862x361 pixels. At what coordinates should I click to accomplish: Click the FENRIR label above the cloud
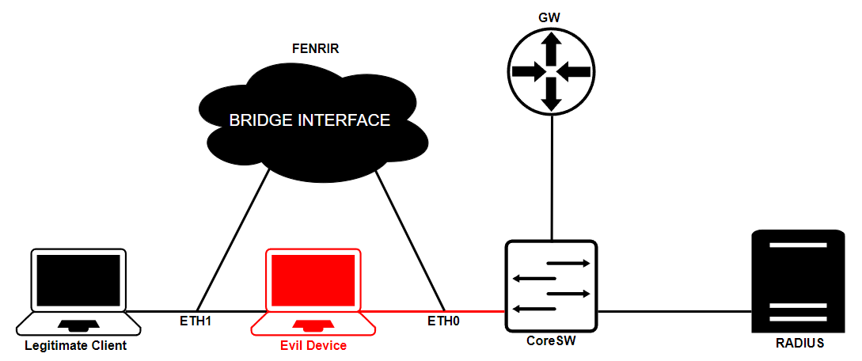coord(316,47)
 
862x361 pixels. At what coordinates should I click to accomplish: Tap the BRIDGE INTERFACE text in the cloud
coord(309,120)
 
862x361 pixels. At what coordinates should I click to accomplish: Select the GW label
coord(551,17)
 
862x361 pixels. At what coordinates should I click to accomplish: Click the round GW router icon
coord(551,71)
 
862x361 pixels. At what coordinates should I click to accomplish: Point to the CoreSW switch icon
coord(551,286)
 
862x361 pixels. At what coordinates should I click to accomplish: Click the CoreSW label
coord(551,342)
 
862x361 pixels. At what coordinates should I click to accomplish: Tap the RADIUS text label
coord(799,344)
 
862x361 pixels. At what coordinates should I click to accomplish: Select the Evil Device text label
coord(313,346)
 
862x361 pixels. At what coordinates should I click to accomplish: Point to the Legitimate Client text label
coord(76,346)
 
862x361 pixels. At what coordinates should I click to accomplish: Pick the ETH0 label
coord(444,321)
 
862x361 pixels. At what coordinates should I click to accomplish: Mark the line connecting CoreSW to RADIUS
coord(673,311)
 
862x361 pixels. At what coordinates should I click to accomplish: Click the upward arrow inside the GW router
coord(552,50)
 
